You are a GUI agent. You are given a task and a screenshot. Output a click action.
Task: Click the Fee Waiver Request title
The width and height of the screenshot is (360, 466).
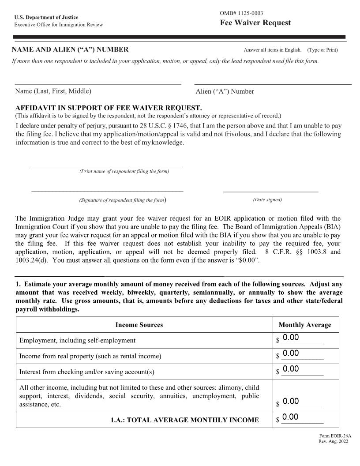point(255,23)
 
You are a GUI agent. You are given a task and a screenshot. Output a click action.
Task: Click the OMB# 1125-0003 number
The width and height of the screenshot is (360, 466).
point(241,13)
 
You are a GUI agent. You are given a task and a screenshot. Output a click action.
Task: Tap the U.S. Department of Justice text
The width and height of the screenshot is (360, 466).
point(46,18)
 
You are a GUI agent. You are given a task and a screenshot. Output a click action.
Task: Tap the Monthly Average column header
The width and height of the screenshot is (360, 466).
point(304,325)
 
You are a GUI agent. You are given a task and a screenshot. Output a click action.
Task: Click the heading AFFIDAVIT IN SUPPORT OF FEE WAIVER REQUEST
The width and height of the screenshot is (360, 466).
point(109,108)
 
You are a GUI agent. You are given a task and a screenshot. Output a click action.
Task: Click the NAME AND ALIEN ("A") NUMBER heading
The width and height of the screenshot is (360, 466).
point(70,49)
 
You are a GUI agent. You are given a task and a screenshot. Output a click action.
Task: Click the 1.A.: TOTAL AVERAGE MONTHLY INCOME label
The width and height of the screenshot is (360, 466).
point(184,420)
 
